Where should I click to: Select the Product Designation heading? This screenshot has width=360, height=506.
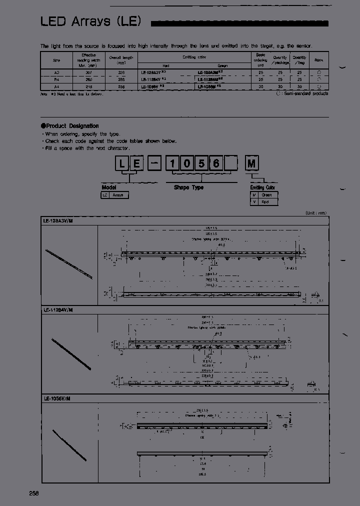(x=72, y=126)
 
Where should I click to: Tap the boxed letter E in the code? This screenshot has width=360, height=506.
(x=138, y=163)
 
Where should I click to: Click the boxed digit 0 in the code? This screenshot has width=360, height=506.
(x=188, y=163)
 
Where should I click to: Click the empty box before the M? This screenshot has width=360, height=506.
(x=234, y=163)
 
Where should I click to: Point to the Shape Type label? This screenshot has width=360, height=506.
(x=188, y=187)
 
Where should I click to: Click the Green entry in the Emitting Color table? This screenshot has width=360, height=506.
(x=267, y=195)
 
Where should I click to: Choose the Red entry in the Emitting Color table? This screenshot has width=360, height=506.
(x=265, y=202)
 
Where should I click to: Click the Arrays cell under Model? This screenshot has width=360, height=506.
(x=118, y=195)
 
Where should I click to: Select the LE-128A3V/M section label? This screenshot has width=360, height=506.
(x=58, y=220)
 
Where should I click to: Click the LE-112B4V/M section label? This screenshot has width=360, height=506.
(x=58, y=310)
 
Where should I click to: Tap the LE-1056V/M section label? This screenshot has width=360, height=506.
(x=56, y=398)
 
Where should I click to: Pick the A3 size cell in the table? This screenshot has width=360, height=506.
(x=56, y=72)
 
